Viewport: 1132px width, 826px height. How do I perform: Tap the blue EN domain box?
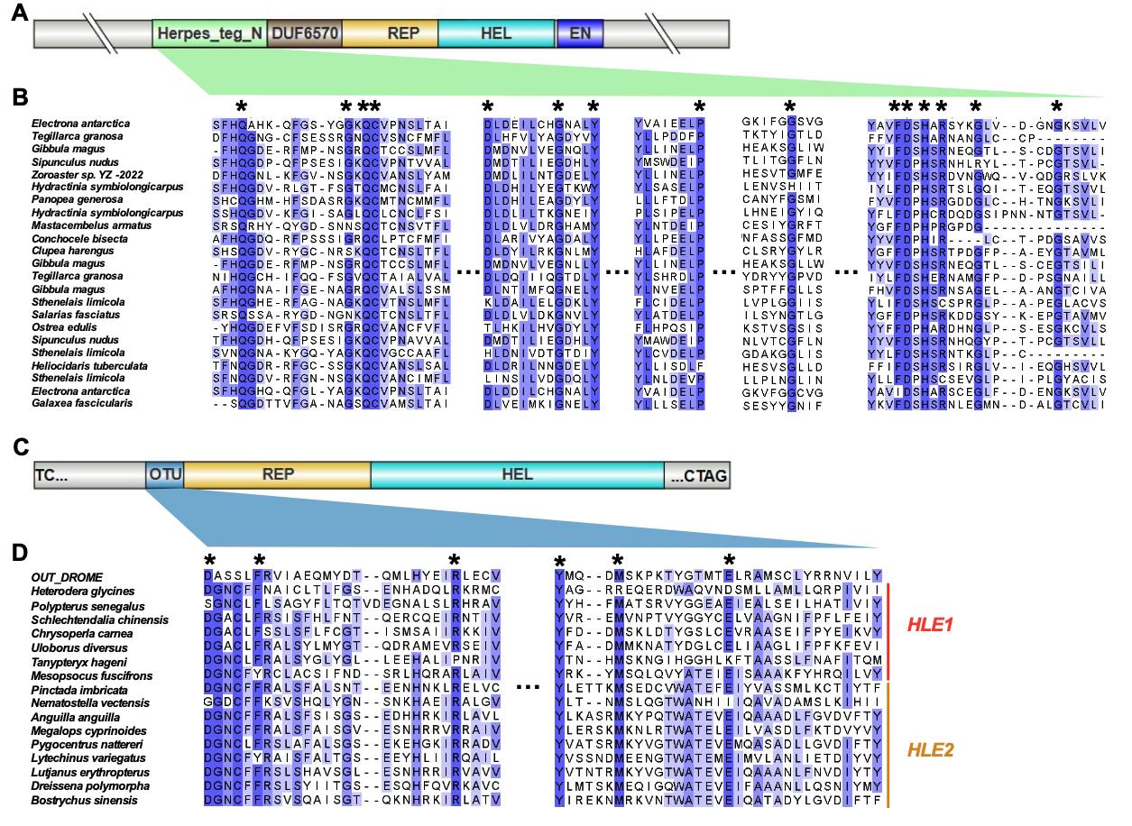pos(579,34)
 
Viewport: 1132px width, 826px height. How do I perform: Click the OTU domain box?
pos(163,473)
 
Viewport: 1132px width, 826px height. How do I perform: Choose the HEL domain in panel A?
pos(496,34)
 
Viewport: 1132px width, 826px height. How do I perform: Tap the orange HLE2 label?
pos(932,748)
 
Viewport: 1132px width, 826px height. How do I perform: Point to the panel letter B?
pos(19,95)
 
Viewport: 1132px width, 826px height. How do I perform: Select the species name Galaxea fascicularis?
pos(82,403)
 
